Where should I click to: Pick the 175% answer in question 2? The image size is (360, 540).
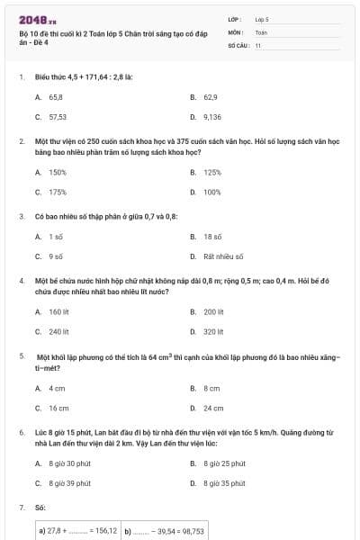coord(58,192)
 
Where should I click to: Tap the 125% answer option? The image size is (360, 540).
coord(212,172)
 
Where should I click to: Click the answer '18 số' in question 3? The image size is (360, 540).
coord(212,237)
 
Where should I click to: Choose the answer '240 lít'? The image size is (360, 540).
coord(59,331)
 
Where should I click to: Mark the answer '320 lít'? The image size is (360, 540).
coord(213,331)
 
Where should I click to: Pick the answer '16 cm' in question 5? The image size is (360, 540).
coord(58,408)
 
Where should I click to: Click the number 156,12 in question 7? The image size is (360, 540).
coord(106,531)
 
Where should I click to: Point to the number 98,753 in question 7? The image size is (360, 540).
coord(191,531)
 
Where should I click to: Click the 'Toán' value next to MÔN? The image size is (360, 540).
coord(261,31)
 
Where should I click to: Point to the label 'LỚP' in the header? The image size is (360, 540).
coord(235,19)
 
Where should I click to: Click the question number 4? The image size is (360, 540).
coord(22,281)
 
